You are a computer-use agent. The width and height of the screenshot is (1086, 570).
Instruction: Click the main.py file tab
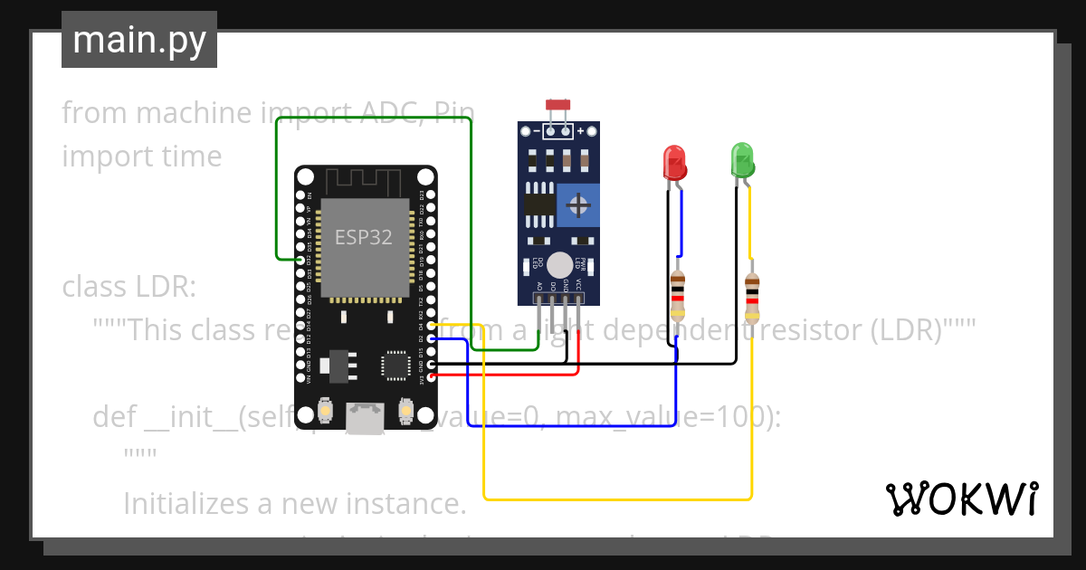(x=138, y=40)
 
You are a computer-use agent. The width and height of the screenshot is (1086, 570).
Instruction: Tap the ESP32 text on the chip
(x=364, y=237)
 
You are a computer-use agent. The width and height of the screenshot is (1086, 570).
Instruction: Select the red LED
(x=674, y=163)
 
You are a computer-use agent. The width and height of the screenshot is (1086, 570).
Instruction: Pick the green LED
(x=742, y=160)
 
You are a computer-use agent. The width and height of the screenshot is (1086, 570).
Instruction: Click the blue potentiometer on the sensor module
(x=577, y=205)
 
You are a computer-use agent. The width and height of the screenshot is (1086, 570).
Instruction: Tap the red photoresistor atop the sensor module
(x=557, y=106)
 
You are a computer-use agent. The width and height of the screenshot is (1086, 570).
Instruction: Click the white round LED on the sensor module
(x=560, y=264)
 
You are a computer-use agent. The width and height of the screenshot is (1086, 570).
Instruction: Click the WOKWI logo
(x=961, y=499)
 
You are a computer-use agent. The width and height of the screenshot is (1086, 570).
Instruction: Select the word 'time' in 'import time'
(x=190, y=157)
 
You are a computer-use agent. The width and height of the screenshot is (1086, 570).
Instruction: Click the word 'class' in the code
(x=95, y=287)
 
